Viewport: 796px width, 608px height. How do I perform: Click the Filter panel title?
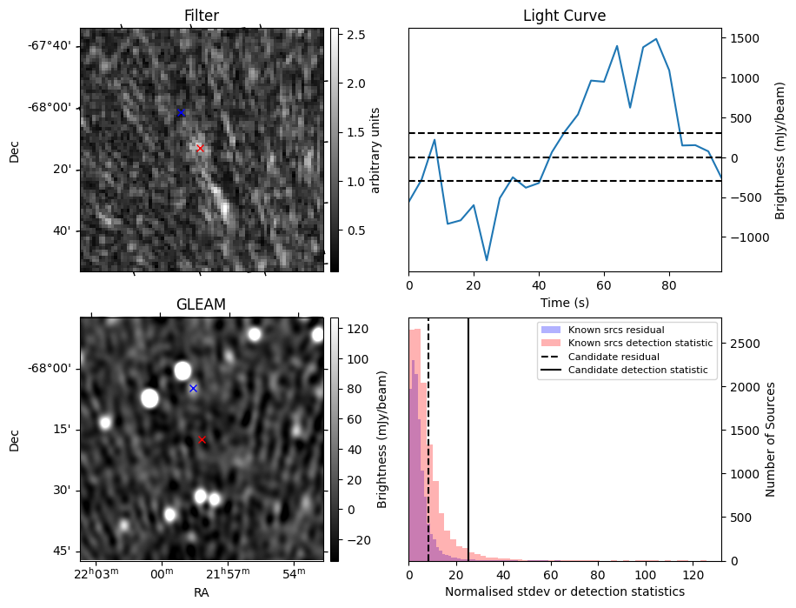tap(201, 16)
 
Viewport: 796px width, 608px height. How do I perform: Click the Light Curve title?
tap(564, 16)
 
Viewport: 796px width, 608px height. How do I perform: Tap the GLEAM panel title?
tap(201, 304)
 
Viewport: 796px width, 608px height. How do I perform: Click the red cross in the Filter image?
tap(200, 148)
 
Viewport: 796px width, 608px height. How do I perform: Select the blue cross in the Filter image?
tap(181, 113)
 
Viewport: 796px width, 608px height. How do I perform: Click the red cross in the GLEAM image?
tap(202, 440)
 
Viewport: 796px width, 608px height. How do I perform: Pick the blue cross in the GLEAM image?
tap(193, 388)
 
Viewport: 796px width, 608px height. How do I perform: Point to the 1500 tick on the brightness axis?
tap(745, 38)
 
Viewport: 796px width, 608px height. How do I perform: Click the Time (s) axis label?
tap(564, 300)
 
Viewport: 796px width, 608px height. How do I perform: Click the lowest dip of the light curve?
tap(487, 260)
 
